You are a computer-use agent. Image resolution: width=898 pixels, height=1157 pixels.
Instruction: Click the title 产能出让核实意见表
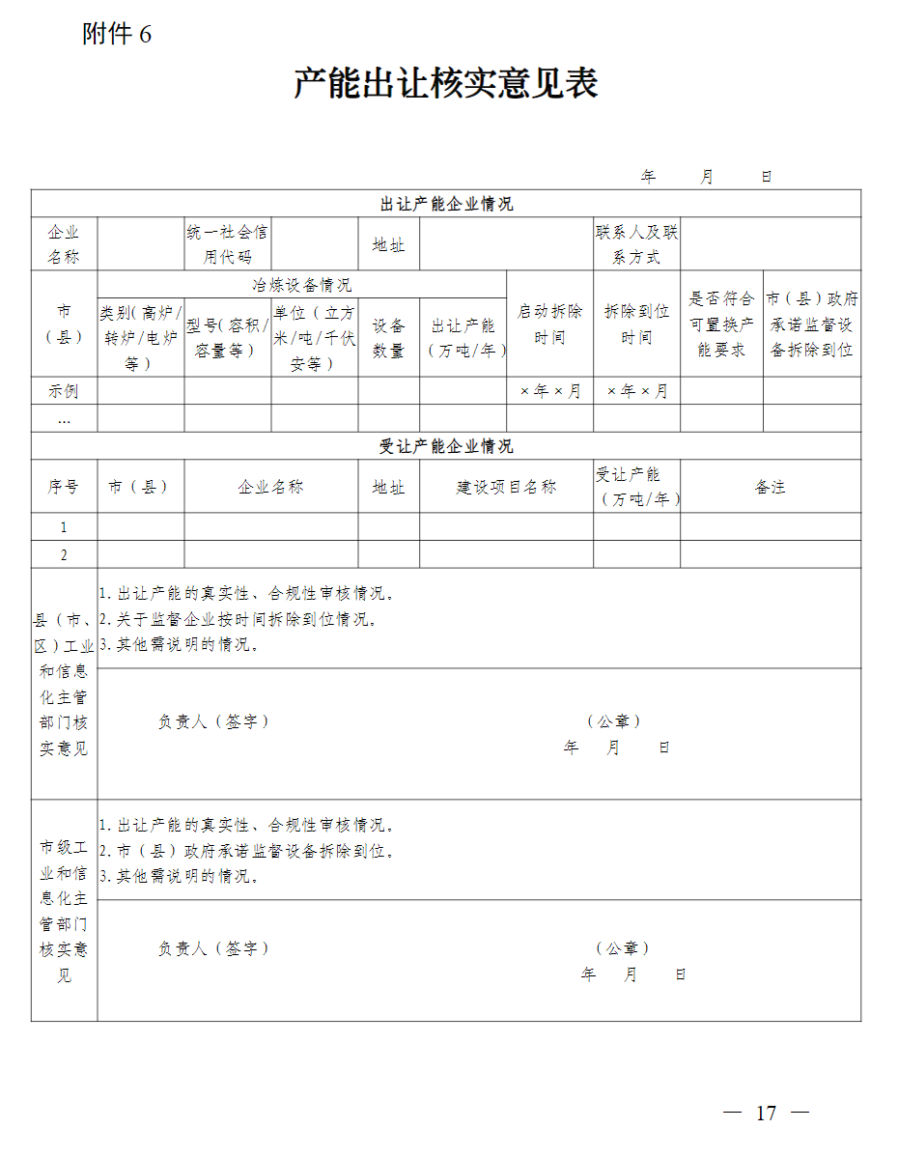click(x=446, y=84)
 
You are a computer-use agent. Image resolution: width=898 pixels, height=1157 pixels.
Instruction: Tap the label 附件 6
click(x=117, y=35)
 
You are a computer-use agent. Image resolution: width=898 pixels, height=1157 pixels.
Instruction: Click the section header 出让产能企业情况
click(x=446, y=204)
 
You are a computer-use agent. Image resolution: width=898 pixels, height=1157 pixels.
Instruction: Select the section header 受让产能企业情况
click(x=446, y=446)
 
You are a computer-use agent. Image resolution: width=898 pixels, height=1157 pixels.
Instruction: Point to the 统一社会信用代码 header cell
click(x=228, y=244)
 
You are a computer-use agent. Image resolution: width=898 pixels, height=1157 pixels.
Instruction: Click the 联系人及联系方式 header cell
click(x=636, y=244)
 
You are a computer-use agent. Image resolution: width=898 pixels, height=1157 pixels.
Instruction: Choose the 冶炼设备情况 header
click(x=302, y=285)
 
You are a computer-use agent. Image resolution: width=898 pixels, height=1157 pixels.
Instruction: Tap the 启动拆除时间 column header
click(x=549, y=325)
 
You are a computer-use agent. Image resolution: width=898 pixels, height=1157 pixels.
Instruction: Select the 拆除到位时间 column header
click(x=636, y=325)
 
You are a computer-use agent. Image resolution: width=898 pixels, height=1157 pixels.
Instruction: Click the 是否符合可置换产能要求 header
click(x=721, y=325)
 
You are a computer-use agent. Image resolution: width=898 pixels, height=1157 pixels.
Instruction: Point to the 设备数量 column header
click(x=388, y=338)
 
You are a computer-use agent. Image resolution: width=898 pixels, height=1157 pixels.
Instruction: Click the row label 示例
click(x=64, y=391)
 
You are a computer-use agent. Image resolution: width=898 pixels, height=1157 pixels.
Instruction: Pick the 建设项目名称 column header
click(x=506, y=487)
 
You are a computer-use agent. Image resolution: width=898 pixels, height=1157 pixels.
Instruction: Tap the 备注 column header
click(x=770, y=487)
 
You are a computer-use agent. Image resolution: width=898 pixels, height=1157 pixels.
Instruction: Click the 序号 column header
click(x=64, y=487)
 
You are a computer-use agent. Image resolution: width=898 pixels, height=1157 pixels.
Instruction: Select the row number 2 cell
click(x=64, y=555)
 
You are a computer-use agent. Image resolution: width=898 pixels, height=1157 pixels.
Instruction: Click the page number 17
click(x=766, y=1113)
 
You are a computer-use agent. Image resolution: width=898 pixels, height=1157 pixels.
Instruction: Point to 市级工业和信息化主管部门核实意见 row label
click(x=64, y=911)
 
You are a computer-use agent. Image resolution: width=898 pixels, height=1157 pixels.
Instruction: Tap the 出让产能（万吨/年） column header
click(x=463, y=338)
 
